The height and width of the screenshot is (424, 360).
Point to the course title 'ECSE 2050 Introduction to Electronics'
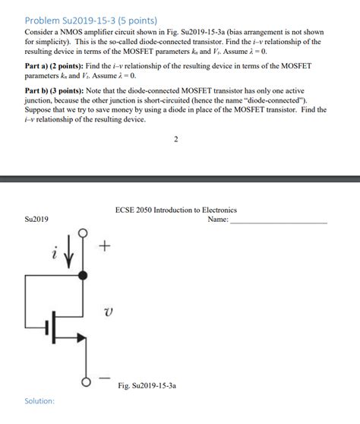click(x=175, y=210)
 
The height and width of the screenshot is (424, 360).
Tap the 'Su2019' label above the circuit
click(x=36, y=220)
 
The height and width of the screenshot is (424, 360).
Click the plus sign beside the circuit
click(x=105, y=247)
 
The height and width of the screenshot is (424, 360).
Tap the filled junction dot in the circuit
click(x=83, y=274)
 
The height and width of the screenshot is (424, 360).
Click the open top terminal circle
click(x=83, y=231)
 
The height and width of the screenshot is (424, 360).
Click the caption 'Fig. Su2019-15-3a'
click(x=147, y=386)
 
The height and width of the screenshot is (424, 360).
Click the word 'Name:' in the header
click(x=218, y=220)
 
